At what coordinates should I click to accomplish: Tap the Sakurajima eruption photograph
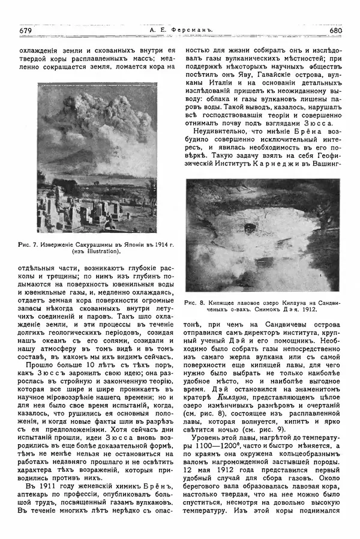coord(98,158)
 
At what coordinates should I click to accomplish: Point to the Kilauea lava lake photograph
coord(262,235)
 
